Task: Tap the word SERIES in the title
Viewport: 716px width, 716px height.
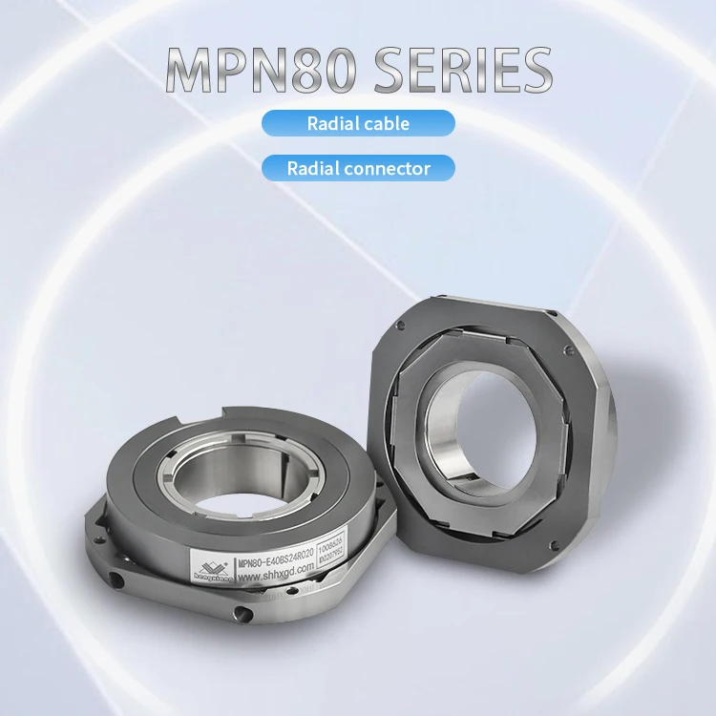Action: click(x=459, y=70)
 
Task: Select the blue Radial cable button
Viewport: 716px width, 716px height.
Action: click(x=358, y=123)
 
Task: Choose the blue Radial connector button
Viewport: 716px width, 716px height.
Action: click(x=358, y=169)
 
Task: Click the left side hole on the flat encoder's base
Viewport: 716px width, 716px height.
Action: click(x=116, y=580)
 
